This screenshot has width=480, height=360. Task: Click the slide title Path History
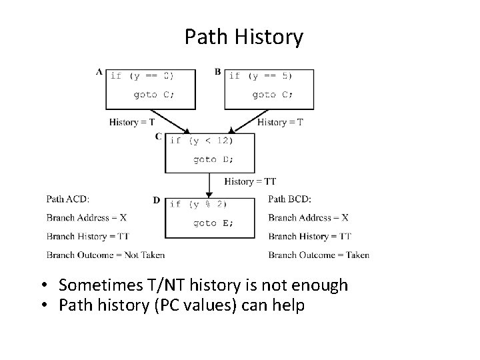pyautogui.click(x=243, y=37)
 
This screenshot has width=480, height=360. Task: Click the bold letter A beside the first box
pyautogui.click(x=99, y=72)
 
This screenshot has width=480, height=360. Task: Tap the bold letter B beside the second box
pyautogui.click(x=218, y=72)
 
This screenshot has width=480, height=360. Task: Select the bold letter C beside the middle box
pyautogui.click(x=159, y=137)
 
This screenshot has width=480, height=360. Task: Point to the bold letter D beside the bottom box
pyautogui.click(x=156, y=200)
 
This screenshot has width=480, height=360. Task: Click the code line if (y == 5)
pyautogui.click(x=261, y=76)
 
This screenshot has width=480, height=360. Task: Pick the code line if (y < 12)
pyautogui.click(x=202, y=141)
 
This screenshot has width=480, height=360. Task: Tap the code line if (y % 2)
pyautogui.click(x=198, y=204)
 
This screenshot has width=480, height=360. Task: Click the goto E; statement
pyautogui.click(x=213, y=223)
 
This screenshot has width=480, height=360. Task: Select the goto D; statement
pyautogui.click(x=213, y=159)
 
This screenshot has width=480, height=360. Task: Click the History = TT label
pyautogui.click(x=250, y=181)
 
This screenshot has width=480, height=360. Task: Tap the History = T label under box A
pyautogui.click(x=132, y=122)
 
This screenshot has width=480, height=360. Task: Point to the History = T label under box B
pyautogui.click(x=280, y=122)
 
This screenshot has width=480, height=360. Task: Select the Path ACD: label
pyautogui.click(x=67, y=199)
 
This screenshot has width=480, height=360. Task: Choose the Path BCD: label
pyautogui.click(x=289, y=199)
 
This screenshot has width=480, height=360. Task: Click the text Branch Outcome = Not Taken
pyautogui.click(x=105, y=255)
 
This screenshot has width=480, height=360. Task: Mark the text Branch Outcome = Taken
pyautogui.click(x=319, y=255)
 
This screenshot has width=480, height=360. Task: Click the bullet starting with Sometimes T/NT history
pyautogui.click(x=203, y=285)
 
